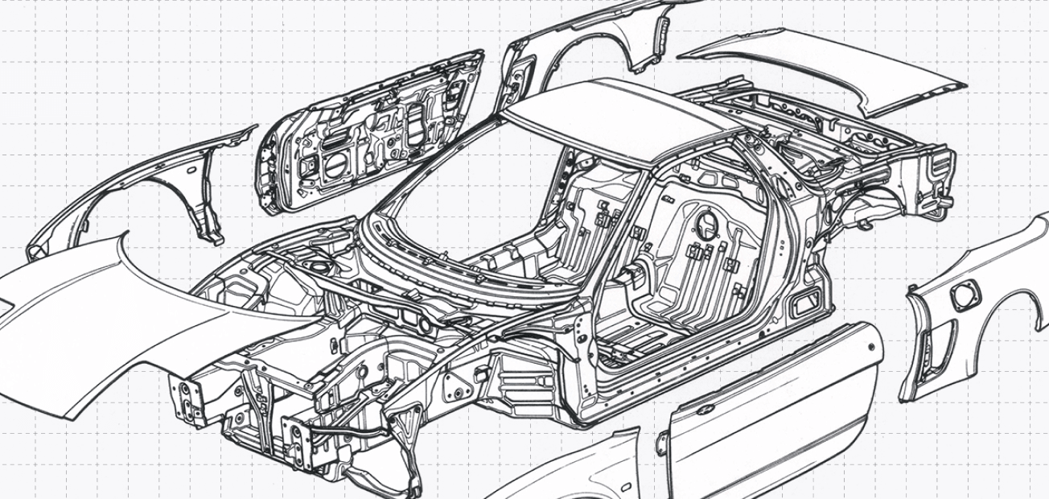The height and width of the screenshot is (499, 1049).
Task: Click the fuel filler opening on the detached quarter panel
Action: pos(963,296)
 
